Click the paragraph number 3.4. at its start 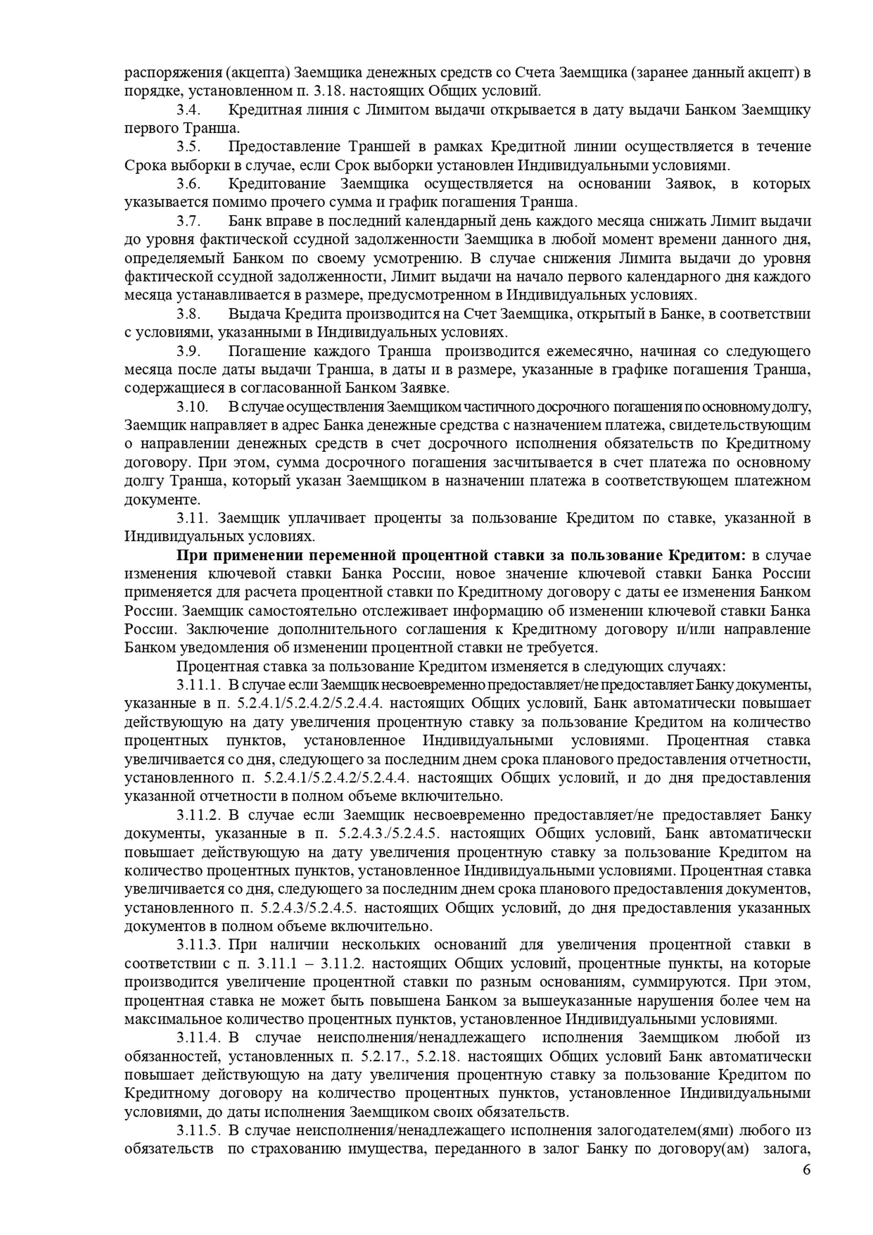[189, 110]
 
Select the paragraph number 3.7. [189, 221]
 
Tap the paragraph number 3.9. [189, 351]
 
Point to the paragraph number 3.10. [192, 407]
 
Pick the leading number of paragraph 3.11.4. [199, 1038]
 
